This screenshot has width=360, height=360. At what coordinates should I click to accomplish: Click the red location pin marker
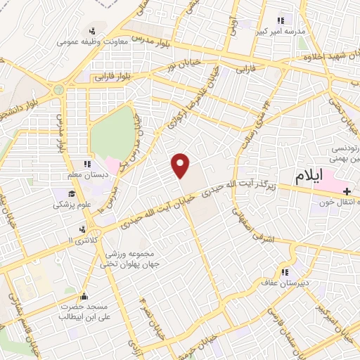(x=181, y=165)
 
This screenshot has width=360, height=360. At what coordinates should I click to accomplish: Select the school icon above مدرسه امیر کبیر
(x=281, y=20)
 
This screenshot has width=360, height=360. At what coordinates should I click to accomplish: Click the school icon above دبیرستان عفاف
(x=285, y=271)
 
